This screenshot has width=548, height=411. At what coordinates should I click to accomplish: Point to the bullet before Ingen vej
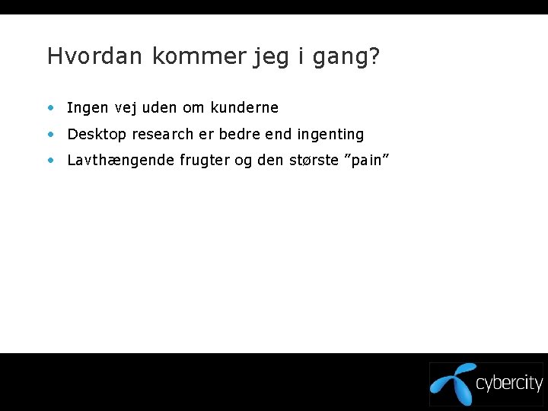point(50,108)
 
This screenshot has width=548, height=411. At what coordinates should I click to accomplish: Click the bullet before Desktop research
point(50,135)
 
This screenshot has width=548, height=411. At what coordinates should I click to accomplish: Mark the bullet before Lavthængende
point(50,161)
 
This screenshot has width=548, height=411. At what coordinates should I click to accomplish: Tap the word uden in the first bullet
point(162,108)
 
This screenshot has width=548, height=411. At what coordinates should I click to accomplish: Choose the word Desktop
point(97,135)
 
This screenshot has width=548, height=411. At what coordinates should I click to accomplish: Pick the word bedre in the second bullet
point(238,135)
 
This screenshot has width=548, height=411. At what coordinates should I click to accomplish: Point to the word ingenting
point(330,135)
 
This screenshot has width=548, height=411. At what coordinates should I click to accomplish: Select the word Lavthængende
point(121,161)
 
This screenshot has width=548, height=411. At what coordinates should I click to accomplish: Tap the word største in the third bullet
point(311,161)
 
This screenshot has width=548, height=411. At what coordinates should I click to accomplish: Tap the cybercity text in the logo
point(508,384)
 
